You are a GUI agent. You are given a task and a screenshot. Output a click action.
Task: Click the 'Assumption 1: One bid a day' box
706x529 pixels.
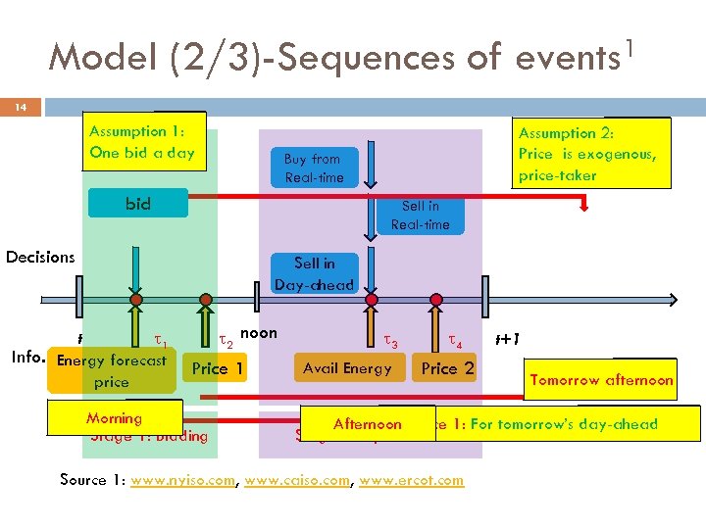[143, 142]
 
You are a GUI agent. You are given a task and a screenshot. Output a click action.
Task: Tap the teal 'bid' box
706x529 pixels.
[138, 204]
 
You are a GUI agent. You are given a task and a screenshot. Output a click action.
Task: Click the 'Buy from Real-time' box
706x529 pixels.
[313, 168]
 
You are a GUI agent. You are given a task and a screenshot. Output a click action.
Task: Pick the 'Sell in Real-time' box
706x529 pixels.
[420, 216]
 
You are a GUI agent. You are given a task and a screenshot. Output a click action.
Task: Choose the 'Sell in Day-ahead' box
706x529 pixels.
[314, 273]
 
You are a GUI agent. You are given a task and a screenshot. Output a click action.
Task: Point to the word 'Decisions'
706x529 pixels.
[40, 257]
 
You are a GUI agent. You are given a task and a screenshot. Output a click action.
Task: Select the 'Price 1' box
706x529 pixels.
[218, 368]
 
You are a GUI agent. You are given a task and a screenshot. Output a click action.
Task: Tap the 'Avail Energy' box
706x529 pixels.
[347, 368]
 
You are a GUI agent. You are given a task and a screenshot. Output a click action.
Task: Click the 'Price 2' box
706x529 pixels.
[447, 368]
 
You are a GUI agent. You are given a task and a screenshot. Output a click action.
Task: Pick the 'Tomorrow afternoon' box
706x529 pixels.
[601, 380]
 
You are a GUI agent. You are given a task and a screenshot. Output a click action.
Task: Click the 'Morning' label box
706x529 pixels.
[115, 418]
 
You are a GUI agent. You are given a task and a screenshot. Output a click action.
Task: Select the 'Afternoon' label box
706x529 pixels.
[368, 424]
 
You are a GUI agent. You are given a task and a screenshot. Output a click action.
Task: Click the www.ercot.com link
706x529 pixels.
[412, 480]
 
